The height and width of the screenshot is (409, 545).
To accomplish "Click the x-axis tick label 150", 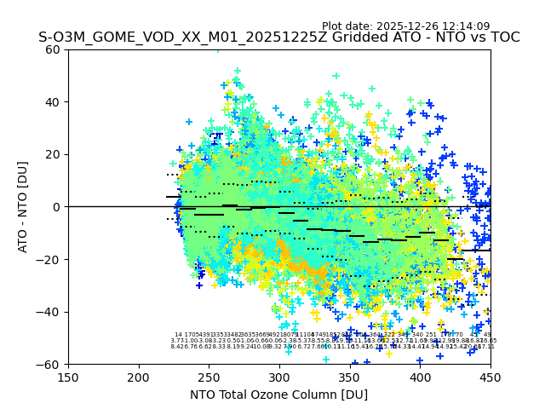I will pos(68,377).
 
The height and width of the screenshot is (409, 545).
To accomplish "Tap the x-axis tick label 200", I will pos(139,377).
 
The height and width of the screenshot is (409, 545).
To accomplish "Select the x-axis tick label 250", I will pos(209,377).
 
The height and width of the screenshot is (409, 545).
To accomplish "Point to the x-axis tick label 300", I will pos(279,377).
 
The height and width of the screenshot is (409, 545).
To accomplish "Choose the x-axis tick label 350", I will pos(350,377).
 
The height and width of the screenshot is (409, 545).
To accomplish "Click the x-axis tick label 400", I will pos(420,377).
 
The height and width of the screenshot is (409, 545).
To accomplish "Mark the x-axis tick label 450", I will pos(490,377).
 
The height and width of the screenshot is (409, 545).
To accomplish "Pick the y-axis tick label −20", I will pos(50,259).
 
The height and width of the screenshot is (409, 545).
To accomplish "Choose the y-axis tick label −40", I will pos(50,312).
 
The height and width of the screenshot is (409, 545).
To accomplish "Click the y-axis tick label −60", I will pos(50,364).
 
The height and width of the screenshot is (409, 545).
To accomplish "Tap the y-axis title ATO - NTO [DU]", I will pos(23,206).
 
